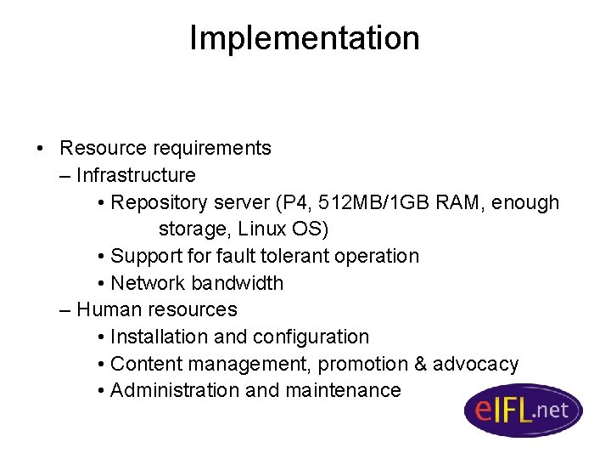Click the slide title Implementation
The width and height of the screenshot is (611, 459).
pos(304,38)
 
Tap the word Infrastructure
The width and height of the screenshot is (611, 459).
pos(136,175)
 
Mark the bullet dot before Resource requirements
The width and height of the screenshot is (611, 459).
pos(41,149)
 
